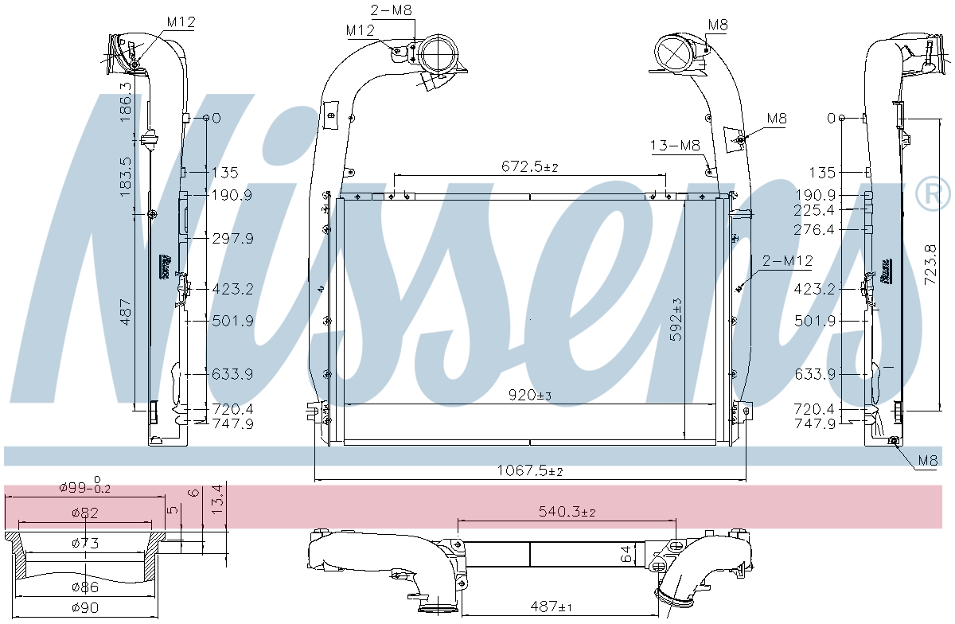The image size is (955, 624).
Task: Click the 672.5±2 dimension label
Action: coord(530,166)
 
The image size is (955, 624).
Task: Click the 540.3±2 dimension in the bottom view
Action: coord(566,512)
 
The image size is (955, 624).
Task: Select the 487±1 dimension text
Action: coord(552,607)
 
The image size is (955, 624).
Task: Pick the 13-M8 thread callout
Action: coord(674,145)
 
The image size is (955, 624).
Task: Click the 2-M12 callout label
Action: coord(787,260)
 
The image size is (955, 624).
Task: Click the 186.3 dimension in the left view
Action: coord(124,101)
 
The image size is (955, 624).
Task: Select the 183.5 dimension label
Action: coord(124,177)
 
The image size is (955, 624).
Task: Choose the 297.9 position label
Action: coord(232,239)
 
